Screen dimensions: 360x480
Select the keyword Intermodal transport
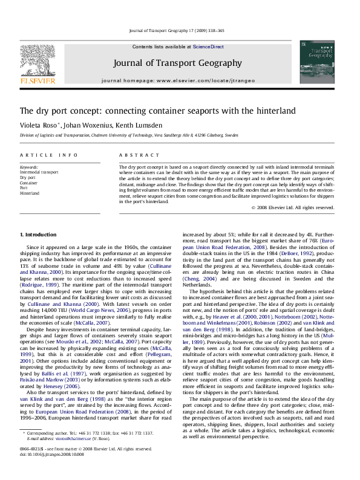click(x=39, y=172)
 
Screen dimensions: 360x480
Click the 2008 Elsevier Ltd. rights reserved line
click(x=293, y=207)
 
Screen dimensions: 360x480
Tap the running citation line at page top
click(x=180, y=29)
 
